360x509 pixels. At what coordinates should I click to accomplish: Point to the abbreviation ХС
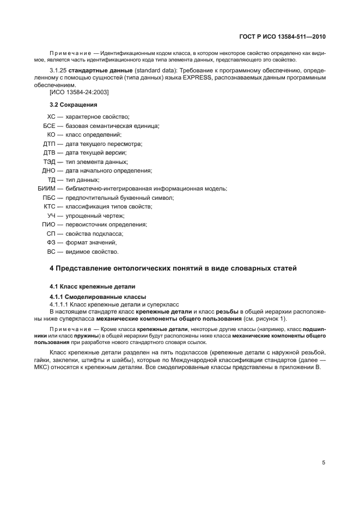click(52, 116)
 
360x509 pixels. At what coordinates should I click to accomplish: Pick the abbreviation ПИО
click(48, 224)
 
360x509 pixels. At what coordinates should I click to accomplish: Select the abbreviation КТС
click(50, 206)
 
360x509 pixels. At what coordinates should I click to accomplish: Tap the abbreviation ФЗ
click(51, 242)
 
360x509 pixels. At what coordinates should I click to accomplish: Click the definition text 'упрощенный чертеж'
click(95, 216)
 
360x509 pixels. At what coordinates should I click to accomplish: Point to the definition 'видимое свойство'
click(91, 252)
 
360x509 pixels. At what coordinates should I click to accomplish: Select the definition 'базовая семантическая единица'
click(112, 126)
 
